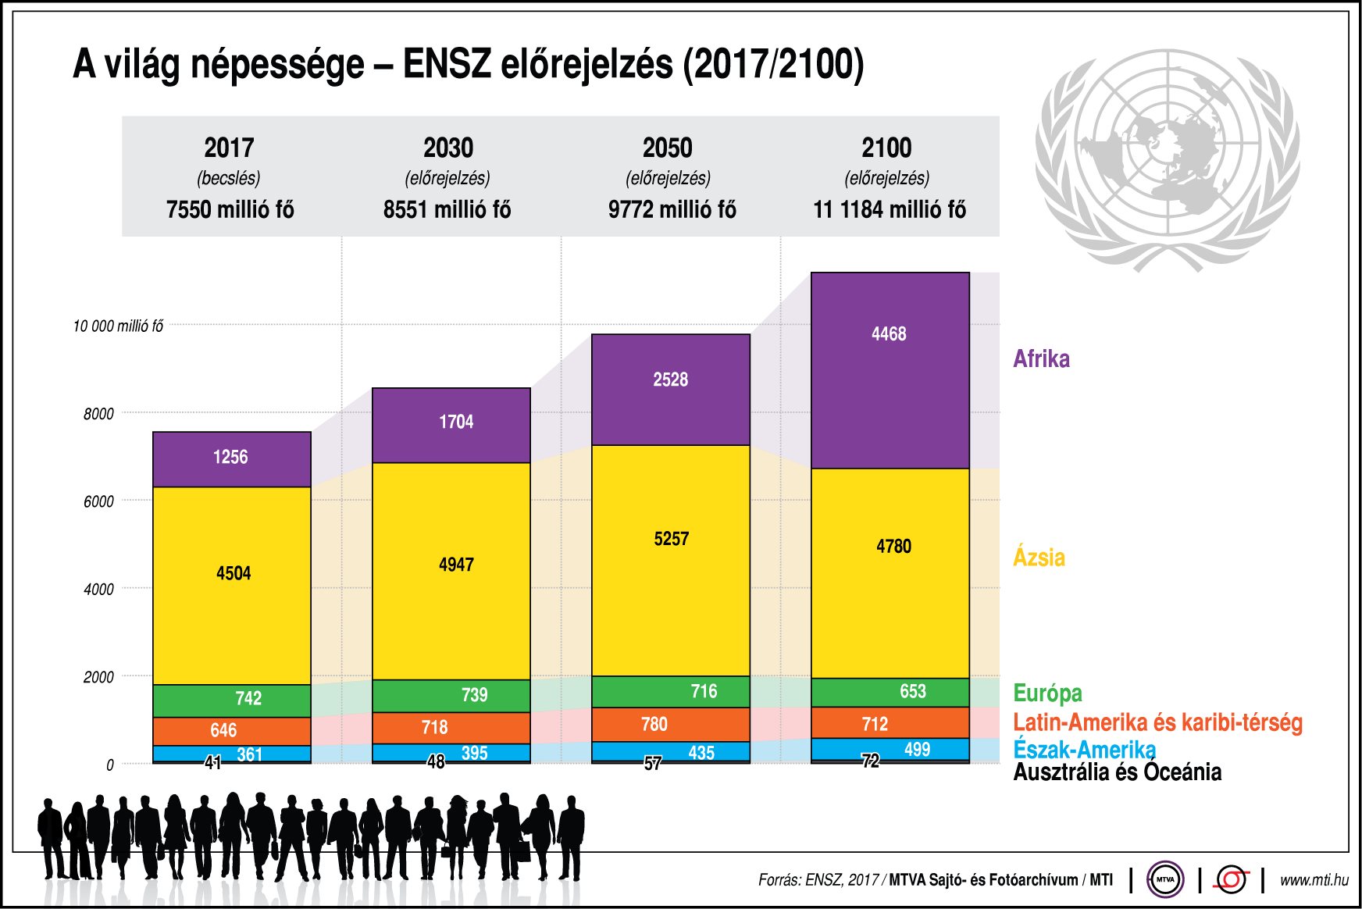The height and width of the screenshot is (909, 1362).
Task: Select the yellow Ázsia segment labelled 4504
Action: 232,586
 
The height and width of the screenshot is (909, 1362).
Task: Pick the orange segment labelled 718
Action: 451,728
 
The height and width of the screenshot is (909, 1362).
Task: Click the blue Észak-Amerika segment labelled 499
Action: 890,749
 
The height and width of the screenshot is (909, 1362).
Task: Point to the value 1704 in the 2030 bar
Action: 456,422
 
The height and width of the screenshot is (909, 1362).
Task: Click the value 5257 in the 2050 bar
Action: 671,539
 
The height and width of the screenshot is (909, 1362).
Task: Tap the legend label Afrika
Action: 1041,358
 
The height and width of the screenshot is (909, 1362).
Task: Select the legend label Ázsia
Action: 1039,558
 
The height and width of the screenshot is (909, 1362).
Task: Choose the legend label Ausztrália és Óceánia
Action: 1117,772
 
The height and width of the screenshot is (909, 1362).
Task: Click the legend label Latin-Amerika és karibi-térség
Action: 1157,722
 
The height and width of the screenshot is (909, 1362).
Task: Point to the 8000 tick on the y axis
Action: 98,414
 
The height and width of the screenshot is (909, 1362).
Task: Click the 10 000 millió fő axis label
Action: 118,326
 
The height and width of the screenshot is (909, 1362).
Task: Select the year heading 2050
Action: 667,148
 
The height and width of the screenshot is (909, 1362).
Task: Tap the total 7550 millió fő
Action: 230,209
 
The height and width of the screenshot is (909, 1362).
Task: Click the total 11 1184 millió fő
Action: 889,209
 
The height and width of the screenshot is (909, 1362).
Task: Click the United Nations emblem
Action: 1167,160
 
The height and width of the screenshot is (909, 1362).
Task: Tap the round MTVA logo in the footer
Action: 1164,879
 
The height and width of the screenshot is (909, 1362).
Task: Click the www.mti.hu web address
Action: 1314,880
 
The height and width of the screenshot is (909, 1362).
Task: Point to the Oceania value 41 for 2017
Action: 212,763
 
